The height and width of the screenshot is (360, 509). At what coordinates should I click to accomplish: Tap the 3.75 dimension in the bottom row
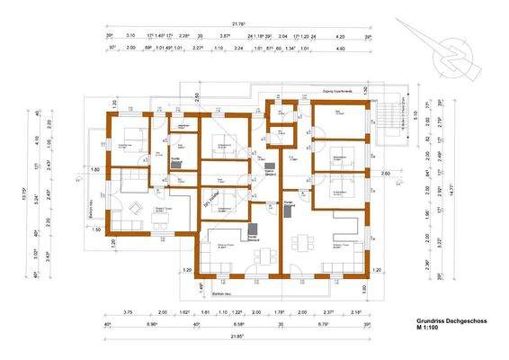coord(127,312)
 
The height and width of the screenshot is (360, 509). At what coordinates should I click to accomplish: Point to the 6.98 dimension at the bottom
coord(153,324)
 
